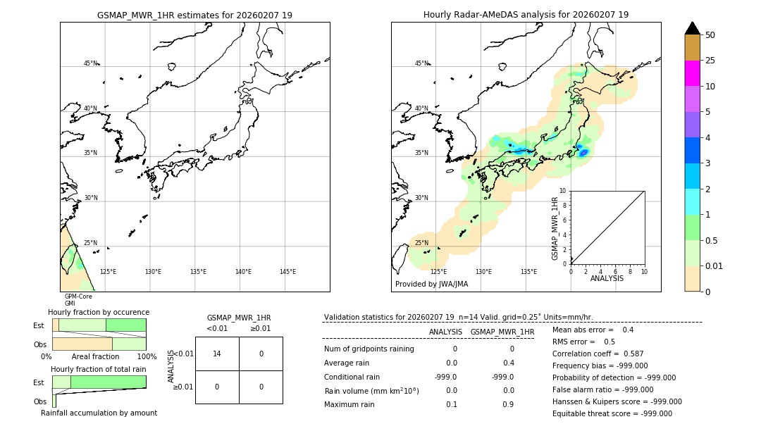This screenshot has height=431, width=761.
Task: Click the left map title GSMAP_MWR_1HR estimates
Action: click(x=194, y=15)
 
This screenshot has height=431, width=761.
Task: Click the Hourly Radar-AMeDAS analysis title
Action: click(x=526, y=15)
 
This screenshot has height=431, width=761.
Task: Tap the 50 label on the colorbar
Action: click(x=710, y=35)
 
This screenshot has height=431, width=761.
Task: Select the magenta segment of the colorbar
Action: click(x=692, y=73)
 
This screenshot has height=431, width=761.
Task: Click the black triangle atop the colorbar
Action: click(x=692, y=28)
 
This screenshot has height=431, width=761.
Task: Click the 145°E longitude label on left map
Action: click(x=287, y=272)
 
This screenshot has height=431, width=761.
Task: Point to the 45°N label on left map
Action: click(x=91, y=63)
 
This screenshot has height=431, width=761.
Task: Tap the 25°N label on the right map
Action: click(x=421, y=243)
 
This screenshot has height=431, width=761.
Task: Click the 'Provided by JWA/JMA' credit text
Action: click(x=431, y=285)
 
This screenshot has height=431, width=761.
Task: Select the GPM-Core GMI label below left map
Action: click(x=78, y=300)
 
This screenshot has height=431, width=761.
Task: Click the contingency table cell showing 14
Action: click(x=217, y=354)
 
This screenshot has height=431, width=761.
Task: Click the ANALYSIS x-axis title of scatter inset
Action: click(x=607, y=278)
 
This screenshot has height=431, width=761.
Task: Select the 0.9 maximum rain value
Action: click(x=507, y=404)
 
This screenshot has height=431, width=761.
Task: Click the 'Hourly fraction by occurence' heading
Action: click(x=99, y=312)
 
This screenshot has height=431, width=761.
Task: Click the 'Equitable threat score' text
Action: click(x=612, y=413)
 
